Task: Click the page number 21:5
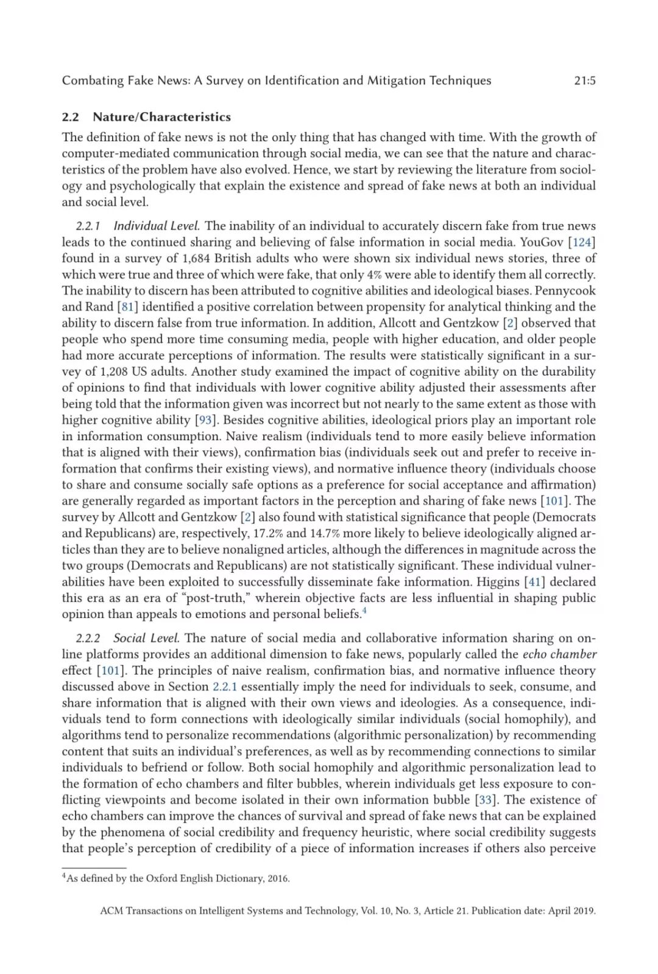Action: pyautogui.click(x=584, y=80)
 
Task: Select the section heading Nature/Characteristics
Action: pyautogui.click(x=161, y=117)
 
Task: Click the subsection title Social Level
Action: pyautogui.click(x=146, y=638)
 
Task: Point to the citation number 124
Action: pyautogui.click(x=582, y=242)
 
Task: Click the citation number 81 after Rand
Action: pyautogui.click(x=127, y=307)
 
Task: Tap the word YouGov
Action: pyautogui.click(x=542, y=242)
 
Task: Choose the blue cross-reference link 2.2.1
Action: pyautogui.click(x=225, y=687)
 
